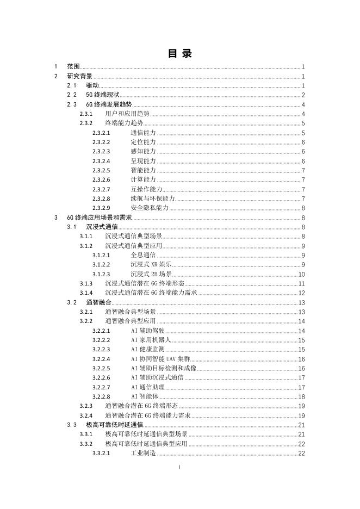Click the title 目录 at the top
179,53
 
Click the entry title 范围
73,66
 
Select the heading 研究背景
79,76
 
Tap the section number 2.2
72,95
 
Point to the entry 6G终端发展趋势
109,104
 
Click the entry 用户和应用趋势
127,114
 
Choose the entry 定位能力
143,142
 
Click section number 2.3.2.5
101,170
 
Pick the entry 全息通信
143,255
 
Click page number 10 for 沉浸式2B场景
301,274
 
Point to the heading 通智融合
98,302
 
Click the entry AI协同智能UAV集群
160,359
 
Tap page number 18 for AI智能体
301,396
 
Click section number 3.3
72,425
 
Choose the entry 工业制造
143,453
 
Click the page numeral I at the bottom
179,467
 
